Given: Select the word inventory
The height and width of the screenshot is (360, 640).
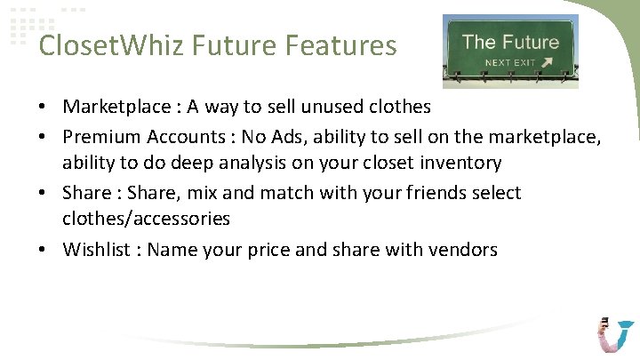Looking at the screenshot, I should [456, 164].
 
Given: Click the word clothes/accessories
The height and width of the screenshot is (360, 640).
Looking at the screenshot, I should [146, 219].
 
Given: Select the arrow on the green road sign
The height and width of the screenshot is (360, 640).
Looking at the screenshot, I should [547, 62].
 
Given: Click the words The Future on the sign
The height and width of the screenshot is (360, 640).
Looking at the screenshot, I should [511, 41].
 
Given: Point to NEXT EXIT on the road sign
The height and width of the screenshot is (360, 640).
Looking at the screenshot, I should [509, 63].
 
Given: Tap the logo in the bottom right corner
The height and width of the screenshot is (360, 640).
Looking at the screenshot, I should [616, 335].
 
